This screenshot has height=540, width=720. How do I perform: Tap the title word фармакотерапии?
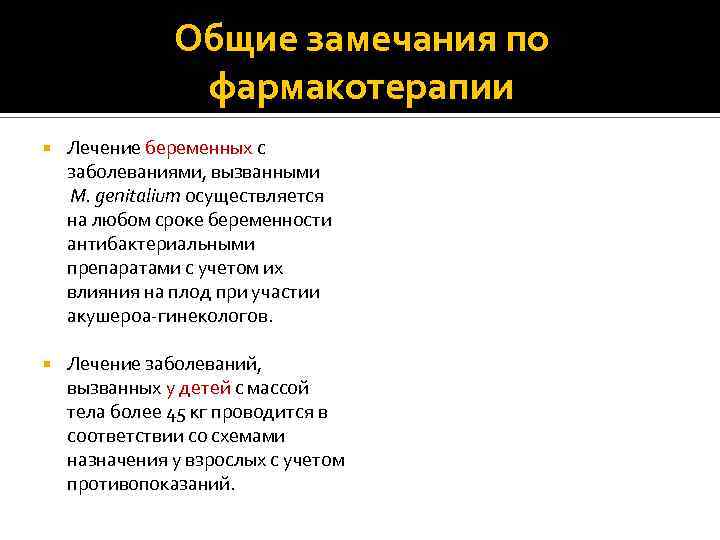(x=361, y=87)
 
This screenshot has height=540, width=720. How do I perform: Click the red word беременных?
(x=198, y=148)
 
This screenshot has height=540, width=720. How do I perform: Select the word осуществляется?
(x=261, y=196)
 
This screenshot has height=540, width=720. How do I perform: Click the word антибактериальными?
(x=161, y=244)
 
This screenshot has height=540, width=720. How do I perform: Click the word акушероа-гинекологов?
(x=169, y=316)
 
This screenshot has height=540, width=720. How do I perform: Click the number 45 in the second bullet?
(x=204, y=412)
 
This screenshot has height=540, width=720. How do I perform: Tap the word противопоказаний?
(x=151, y=484)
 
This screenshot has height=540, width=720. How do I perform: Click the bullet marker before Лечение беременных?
(x=45, y=148)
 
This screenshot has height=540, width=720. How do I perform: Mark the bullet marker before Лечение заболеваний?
(x=45, y=364)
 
